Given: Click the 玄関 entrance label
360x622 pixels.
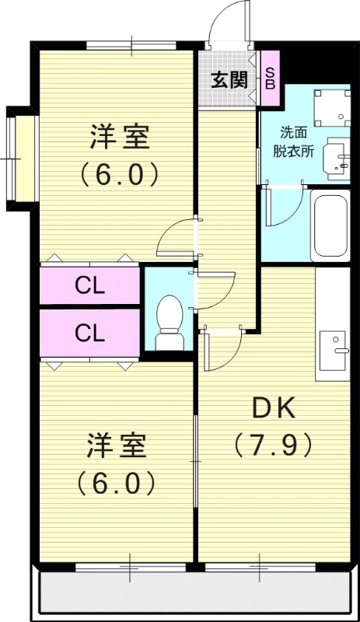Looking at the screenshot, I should click(x=229, y=79).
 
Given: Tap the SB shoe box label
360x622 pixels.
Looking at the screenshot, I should click(x=270, y=78).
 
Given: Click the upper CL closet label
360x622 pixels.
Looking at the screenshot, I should click(x=90, y=286).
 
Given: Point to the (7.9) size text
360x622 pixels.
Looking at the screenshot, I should click(x=273, y=445).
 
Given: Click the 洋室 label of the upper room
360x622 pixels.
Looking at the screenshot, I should click(x=120, y=138).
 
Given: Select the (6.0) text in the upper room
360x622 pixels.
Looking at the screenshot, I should click(x=120, y=173).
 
